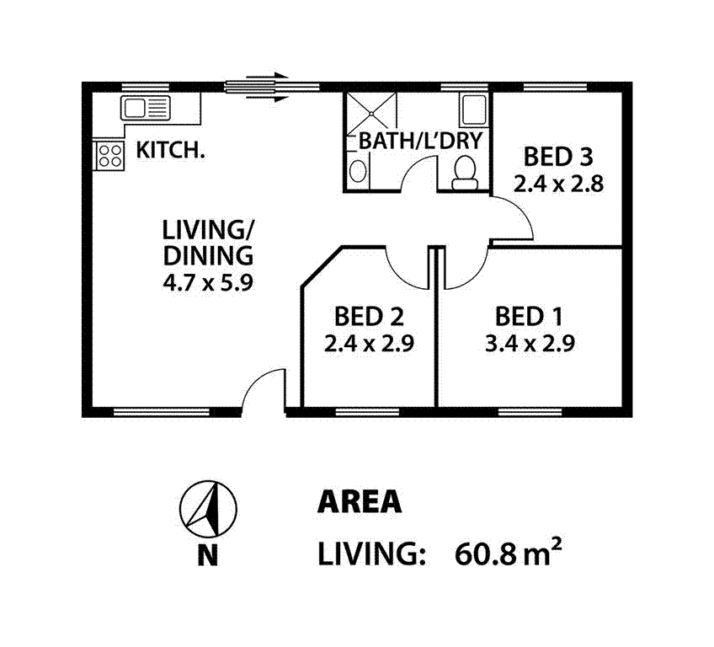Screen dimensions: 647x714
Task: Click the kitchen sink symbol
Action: point(145,107)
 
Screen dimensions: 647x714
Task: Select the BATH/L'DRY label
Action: point(418,141)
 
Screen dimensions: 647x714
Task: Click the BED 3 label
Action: point(558,157)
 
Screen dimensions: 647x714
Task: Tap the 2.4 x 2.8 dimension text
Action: point(558,183)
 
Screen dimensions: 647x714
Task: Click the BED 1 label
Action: point(529,317)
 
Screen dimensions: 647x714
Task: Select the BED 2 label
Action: point(368,317)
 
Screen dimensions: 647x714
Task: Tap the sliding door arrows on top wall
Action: point(258,87)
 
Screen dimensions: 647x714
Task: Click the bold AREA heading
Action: point(359,502)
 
